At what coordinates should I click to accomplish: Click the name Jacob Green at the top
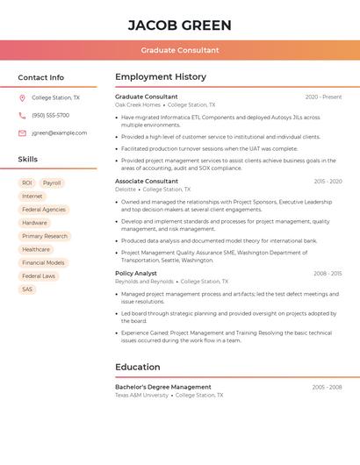coord(180,25)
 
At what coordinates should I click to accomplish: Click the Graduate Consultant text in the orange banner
coord(180,50)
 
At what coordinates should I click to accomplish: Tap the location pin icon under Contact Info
coord(22,98)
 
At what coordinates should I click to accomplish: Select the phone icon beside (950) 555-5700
coord(22,116)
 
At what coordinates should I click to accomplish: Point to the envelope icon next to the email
coord(22,133)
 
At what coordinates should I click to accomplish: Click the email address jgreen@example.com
coord(60,133)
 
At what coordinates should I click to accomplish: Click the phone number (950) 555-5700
coord(50,116)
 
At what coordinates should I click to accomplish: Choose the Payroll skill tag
coord(52,183)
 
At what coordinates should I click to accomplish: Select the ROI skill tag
coord(27,183)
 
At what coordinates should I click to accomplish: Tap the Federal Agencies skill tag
coord(44,210)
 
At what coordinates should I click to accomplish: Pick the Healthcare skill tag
coord(36,249)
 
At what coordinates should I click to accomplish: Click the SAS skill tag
coord(27,290)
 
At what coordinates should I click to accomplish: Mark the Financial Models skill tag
coord(43,262)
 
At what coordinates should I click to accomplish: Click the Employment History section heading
coord(161,76)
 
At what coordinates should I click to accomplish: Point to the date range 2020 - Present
coord(323,97)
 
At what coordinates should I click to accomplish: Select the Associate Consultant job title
coord(147,182)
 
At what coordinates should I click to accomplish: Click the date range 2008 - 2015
coord(328,274)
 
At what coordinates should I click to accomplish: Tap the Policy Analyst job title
coord(136,274)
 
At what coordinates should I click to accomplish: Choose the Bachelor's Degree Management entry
coord(163,387)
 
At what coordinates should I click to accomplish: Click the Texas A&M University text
coord(141,396)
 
